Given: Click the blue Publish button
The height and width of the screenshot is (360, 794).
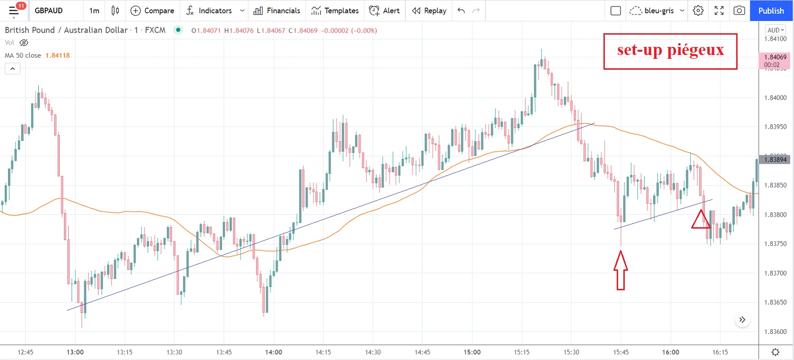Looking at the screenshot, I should coord(771,10).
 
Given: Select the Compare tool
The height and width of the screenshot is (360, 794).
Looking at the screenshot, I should coord(152,10).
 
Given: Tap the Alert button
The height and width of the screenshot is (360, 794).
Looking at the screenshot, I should coord(384,10).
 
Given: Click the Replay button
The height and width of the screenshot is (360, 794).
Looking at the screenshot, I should coord(429,10).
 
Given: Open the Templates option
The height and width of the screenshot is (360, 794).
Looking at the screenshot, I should coord(335,10).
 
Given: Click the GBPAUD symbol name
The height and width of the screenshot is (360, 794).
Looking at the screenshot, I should coord(48,10).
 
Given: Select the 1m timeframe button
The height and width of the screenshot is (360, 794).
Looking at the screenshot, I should coord(94,10).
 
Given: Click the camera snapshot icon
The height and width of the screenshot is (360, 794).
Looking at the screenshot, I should coord(739,10).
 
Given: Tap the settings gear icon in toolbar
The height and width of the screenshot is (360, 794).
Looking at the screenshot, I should coord(698,10).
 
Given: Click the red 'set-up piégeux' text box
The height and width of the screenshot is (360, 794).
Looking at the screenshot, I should coord(670,51).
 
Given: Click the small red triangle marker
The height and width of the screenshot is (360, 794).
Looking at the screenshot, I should coord(700,220).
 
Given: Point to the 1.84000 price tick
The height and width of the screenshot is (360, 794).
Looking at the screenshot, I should coord(775,98).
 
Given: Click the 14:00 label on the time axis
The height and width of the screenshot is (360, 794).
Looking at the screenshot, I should coord(274,352).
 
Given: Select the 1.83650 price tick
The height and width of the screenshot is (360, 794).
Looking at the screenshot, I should coord(775,302).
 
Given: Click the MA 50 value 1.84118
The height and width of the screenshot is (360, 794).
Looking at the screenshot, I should coord(57,55).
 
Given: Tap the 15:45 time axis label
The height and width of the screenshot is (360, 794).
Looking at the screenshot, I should coord(621,352).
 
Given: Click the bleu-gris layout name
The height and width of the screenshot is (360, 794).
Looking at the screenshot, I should coord(659,10).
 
